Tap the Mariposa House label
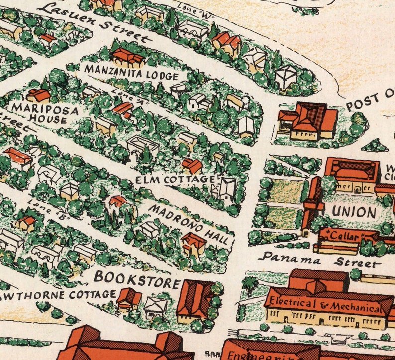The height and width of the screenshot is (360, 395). coord(45,113)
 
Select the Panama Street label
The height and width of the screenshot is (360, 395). coord(319,260)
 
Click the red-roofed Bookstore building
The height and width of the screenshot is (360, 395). coord(195,298)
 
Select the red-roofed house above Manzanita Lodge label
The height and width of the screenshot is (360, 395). coord(128,56)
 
